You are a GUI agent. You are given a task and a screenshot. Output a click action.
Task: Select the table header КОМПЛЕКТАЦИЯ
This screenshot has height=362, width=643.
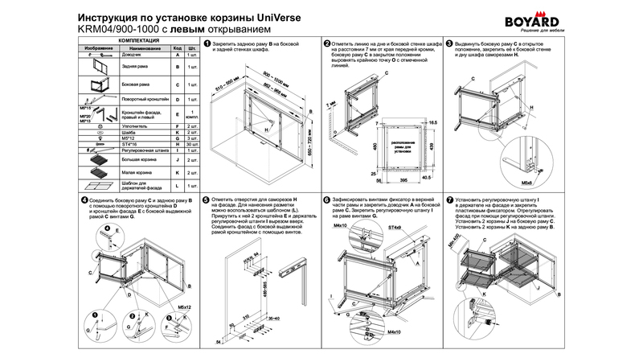[140, 39]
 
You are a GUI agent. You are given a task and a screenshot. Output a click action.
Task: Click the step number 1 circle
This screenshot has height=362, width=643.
[207, 44]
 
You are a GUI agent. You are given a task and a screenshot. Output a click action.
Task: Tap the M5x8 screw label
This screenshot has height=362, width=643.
[526, 182]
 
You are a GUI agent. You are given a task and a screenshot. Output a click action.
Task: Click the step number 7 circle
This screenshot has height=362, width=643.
[448, 199]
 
